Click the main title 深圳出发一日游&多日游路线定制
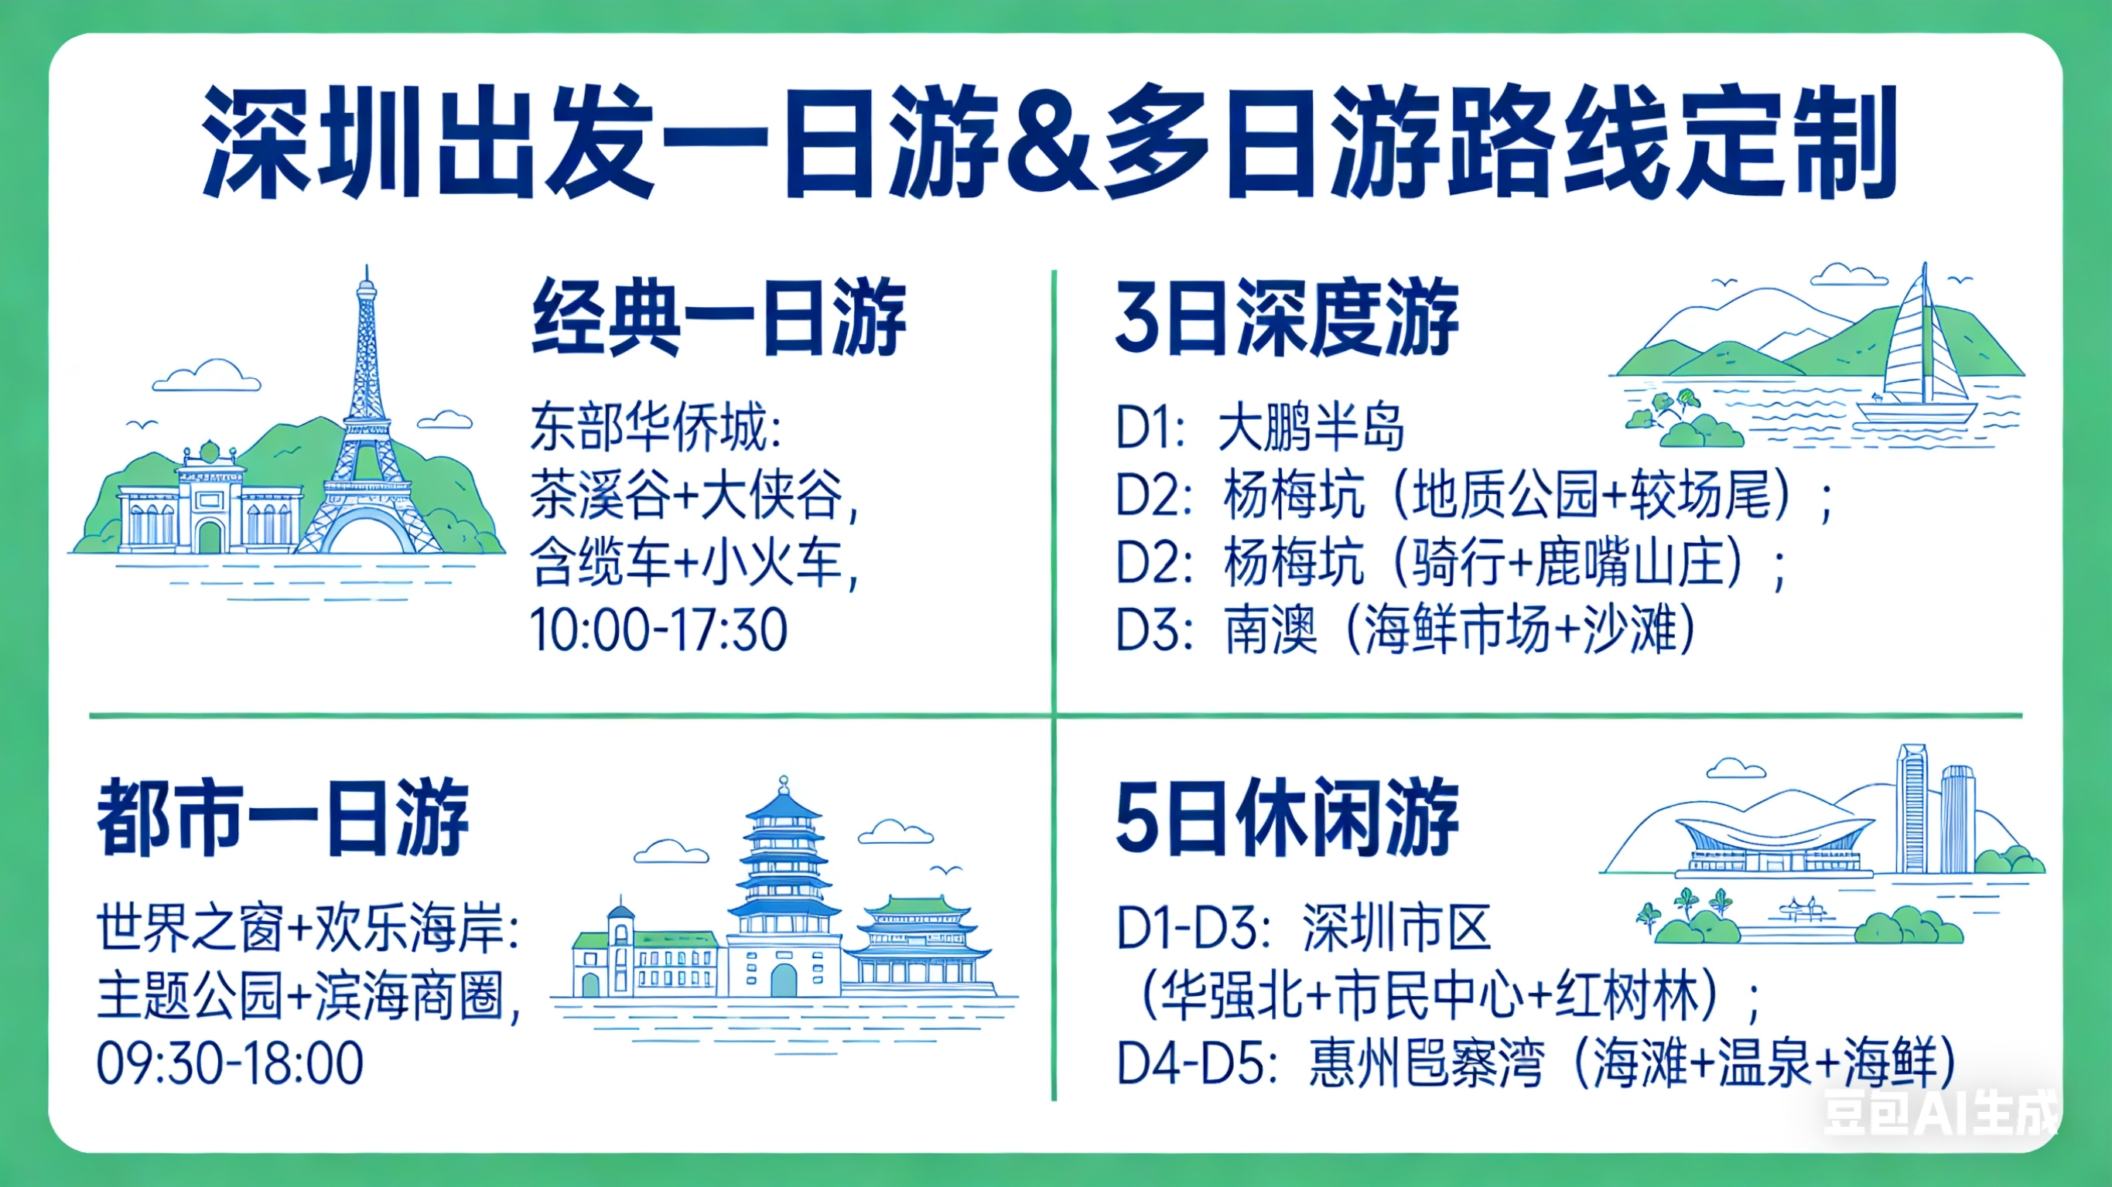point(1051,141)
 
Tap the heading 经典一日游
point(719,318)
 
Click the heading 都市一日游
point(284,818)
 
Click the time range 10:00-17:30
point(659,629)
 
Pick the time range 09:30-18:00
point(231,1063)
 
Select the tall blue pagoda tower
point(784,885)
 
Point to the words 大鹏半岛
point(1311,428)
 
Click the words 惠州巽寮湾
point(1427,1063)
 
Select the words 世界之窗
point(190,928)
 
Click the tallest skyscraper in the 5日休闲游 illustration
point(1912,809)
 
